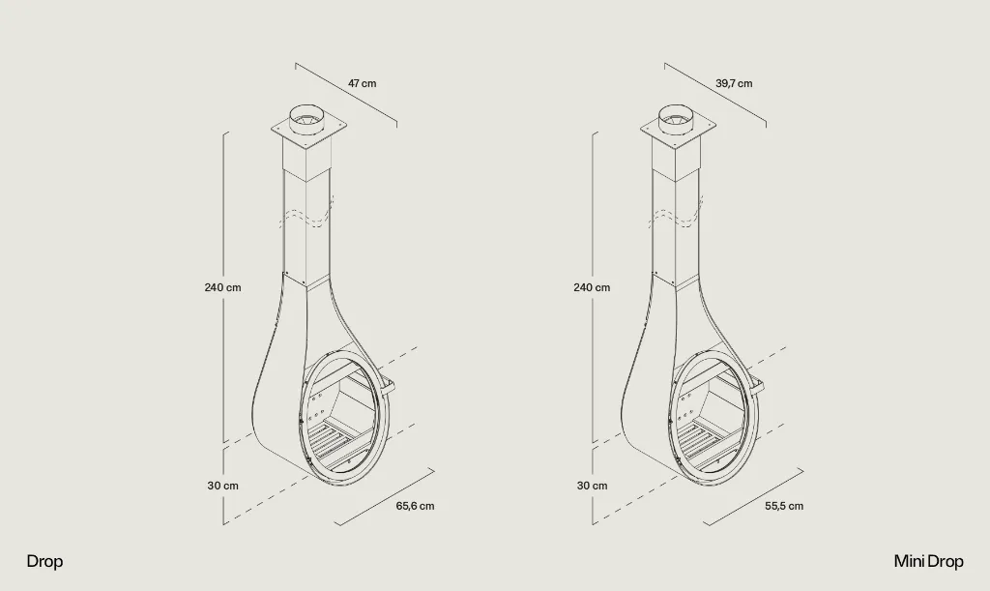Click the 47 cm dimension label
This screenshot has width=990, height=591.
pos(362,83)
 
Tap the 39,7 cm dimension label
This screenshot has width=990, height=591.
pos(734,83)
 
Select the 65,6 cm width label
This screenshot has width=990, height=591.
pos(415,506)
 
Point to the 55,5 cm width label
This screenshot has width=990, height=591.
pos(784,506)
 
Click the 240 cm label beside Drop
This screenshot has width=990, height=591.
pos(222,287)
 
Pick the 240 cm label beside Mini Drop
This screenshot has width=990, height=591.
pos(592,287)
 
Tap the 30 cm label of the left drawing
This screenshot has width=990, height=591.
pos(223,486)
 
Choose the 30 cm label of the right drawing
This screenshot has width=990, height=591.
pos(593,486)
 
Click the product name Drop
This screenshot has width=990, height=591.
pos(44,561)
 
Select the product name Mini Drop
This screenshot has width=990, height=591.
pos(928,561)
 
